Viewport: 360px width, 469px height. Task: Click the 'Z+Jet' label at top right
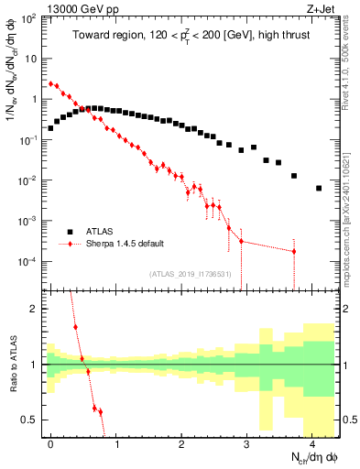318,8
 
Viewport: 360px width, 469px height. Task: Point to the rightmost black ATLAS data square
319,188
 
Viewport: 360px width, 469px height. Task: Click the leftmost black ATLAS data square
50,128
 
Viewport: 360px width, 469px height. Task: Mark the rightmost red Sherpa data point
293,251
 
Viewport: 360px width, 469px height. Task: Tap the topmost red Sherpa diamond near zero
50,82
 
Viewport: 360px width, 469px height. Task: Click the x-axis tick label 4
312,443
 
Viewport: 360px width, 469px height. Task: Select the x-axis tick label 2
181,443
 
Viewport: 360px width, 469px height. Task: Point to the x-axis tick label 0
50,443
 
